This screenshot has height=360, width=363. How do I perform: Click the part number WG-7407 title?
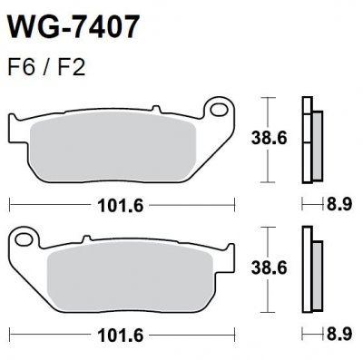click(x=74, y=26)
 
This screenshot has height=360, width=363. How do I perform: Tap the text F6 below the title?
click(x=20, y=68)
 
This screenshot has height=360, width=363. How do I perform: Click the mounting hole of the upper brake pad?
click(x=218, y=112)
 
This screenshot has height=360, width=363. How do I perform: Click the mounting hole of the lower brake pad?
click(x=218, y=239)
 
